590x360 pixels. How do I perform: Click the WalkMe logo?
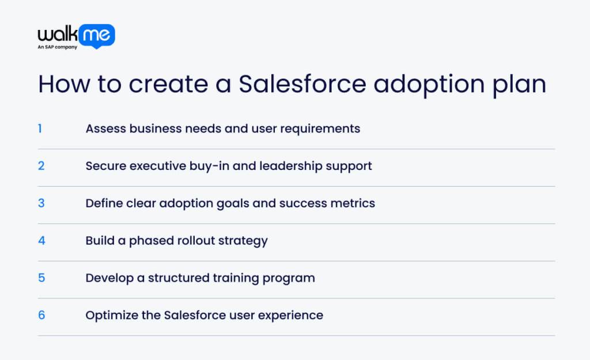click(76, 35)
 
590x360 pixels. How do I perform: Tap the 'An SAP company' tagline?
click(58, 47)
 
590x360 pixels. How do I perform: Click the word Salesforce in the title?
click(302, 84)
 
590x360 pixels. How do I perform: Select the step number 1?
click(40, 128)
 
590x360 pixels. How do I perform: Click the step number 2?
click(41, 166)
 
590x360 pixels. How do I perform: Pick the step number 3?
click(41, 203)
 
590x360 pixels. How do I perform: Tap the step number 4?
click(41, 241)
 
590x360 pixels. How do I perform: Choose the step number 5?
click(41, 278)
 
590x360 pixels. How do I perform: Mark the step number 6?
click(41, 315)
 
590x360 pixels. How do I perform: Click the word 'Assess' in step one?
click(105, 128)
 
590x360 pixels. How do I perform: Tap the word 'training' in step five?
click(230, 278)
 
